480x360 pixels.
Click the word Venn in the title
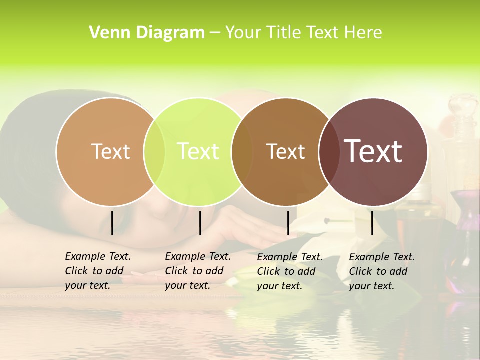(104, 33)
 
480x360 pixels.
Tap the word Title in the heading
(283, 33)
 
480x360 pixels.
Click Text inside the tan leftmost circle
(110, 151)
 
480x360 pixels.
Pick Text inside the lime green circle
(198, 151)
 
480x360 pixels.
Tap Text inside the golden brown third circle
(285, 151)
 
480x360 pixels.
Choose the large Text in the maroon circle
(373, 151)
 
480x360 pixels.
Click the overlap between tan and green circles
(154, 151)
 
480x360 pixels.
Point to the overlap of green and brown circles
(242, 151)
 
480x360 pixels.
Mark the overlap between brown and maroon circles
(328, 151)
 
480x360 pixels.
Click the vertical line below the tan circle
(112, 223)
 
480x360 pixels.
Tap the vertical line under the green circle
(200, 223)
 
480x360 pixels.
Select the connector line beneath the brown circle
(288, 223)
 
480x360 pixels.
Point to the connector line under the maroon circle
(372, 223)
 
